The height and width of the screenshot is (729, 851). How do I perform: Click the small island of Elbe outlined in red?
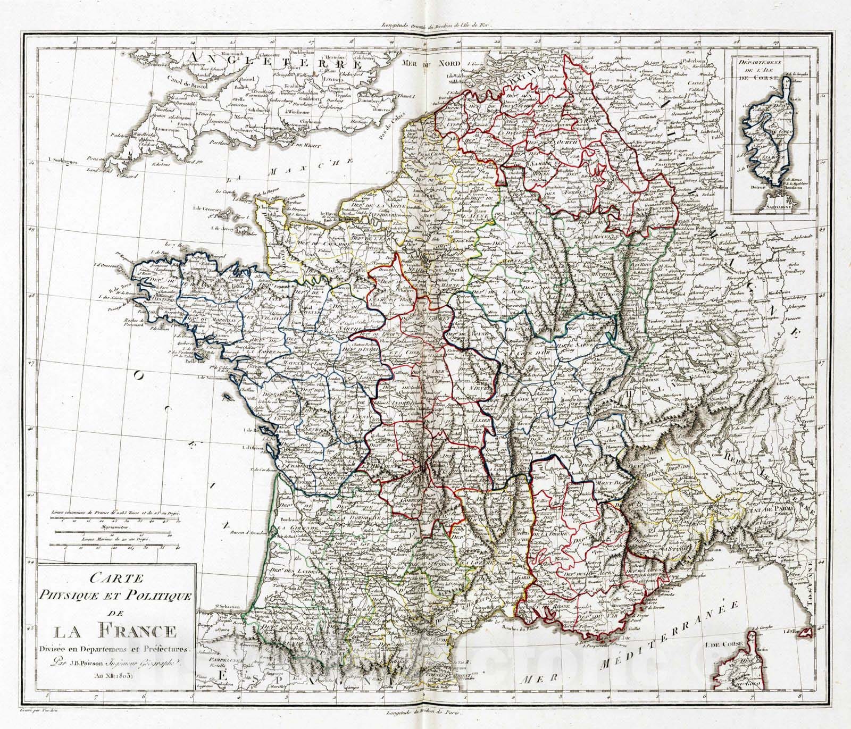tap(807, 632)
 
